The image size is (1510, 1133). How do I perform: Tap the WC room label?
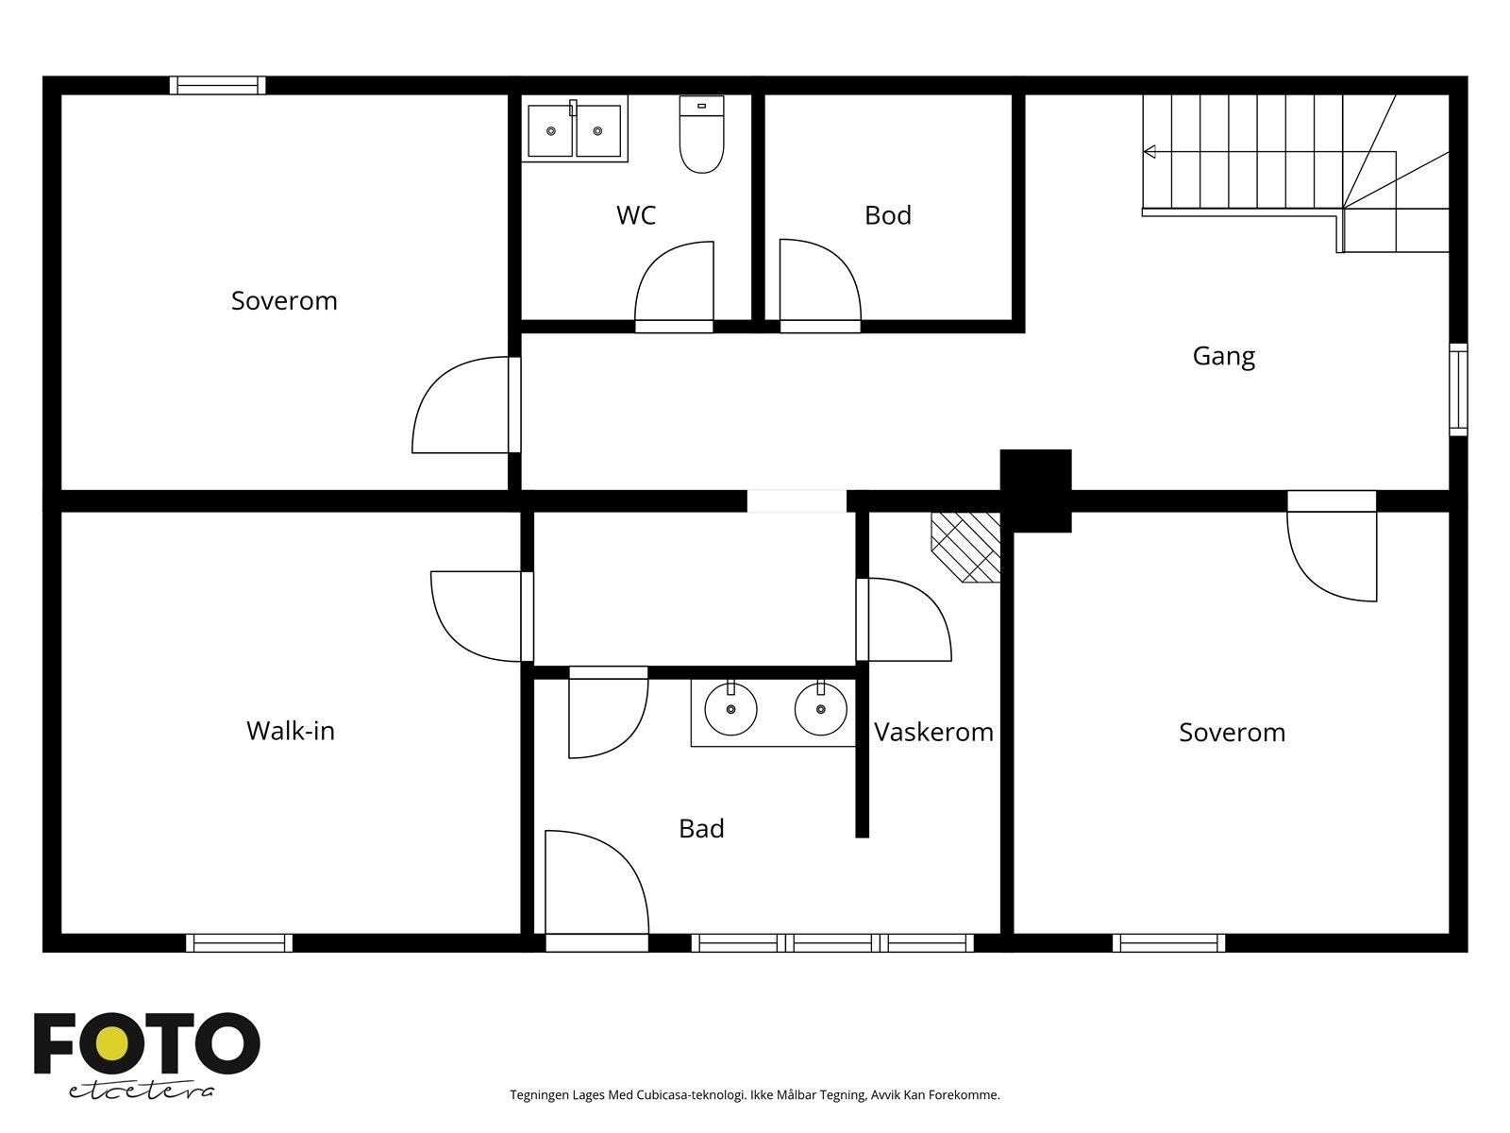[x=636, y=215]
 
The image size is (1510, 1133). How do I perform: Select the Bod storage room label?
[x=887, y=215]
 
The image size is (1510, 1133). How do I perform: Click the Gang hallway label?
[x=1223, y=356]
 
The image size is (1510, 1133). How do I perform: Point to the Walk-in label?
[x=291, y=731]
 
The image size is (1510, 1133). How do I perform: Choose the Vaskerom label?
[x=933, y=732]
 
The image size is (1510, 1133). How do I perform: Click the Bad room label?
[x=701, y=828]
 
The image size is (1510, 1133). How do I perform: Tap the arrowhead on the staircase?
[x=1149, y=151]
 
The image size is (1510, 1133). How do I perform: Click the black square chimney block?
[x=1035, y=490]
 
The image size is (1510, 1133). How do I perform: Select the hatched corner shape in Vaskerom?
[x=965, y=548]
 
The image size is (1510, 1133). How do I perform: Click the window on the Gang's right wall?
[x=1458, y=389]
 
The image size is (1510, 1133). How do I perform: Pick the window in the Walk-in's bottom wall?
[x=239, y=942]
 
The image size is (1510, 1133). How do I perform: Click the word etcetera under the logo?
[x=141, y=1091]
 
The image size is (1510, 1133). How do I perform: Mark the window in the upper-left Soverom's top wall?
[x=217, y=85]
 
